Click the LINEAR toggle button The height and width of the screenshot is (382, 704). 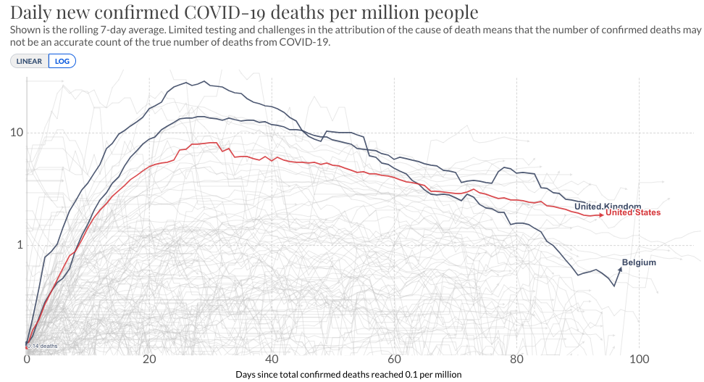pyautogui.click(x=29, y=61)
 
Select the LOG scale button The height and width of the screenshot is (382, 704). pyautogui.click(x=62, y=61)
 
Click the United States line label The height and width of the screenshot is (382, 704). pyautogui.click(x=633, y=213)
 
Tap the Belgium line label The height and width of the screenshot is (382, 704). pyautogui.click(x=639, y=262)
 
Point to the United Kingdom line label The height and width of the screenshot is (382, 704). pyautogui.click(x=607, y=207)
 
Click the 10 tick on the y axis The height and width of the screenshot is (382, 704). pyautogui.click(x=14, y=133)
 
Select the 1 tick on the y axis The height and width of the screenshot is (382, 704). pyautogui.click(x=17, y=245)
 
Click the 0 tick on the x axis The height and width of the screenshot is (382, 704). pyautogui.click(x=27, y=360)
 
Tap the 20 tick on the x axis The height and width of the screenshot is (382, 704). pyautogui.click(x=149, y=360)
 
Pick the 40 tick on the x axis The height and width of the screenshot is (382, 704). pyautogui.click(x=272, y=360)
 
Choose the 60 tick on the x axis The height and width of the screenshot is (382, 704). pyautogui.click(x=394, y=360)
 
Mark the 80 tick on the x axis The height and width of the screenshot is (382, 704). pyautogui.click(x=516, y=360)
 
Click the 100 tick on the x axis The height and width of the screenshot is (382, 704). pyautogui.click(x=639, y=360)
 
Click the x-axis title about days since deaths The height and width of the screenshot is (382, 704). pyautogui.click(x=348, y=374)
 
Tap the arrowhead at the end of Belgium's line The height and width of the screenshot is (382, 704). pyautogui.click(x=619, y=267)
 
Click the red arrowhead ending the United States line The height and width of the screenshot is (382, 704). pyautogui.click(x=602, y=215)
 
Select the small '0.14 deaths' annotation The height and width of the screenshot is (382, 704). pyautogui.click(x=43, y=346)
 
